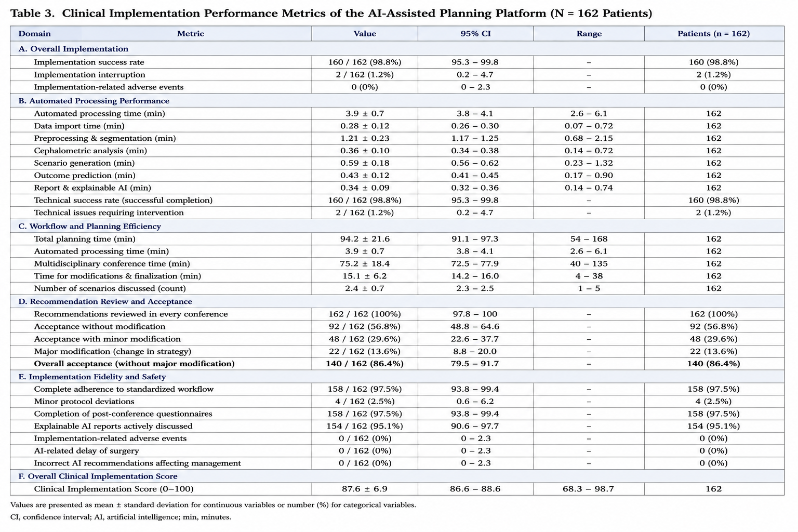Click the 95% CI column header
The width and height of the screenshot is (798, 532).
coord(475,33)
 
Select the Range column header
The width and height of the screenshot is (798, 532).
coord(589,33)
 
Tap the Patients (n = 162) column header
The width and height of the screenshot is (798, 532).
coord(713,33)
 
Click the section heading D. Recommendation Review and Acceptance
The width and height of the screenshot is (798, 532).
coord(105,301)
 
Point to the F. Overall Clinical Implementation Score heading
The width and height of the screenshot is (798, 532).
coord(98,476)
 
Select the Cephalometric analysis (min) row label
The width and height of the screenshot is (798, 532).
coord(90,151)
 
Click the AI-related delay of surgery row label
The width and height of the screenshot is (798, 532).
coord(87,451)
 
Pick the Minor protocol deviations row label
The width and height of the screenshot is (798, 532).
coord(84,402)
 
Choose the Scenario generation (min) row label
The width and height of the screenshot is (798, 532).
coord(85,163)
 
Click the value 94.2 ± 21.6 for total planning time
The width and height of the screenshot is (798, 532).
coord(365,239)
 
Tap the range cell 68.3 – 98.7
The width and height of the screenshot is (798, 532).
coord(589,489)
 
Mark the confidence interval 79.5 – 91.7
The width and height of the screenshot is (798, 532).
coord(475,364)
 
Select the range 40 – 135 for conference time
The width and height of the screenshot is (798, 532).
coord(589,264)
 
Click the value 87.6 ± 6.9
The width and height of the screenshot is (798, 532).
coord(365,489)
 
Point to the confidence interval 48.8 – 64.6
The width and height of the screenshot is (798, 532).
coord(475,326)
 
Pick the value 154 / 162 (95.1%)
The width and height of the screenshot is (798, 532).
coord(365,426)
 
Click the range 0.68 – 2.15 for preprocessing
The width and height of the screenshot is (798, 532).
coord(589,138)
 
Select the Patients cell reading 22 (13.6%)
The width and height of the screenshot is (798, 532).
coord(713,351)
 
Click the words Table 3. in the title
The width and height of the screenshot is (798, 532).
coord(32,14)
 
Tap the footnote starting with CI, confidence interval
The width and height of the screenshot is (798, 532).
coord(121,517)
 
